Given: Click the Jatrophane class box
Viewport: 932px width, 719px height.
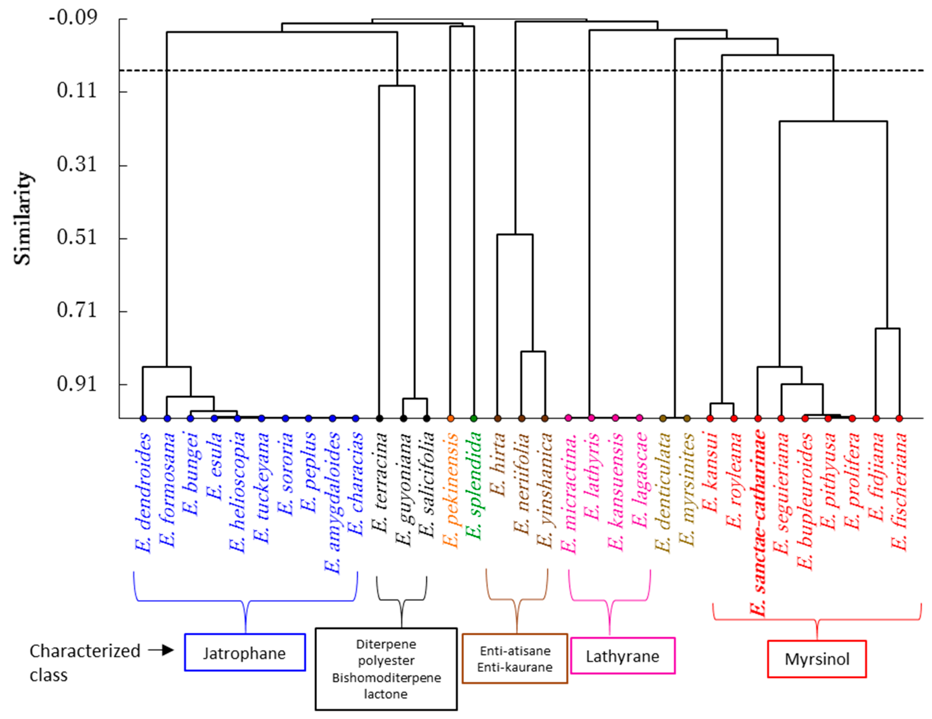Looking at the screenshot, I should click(x=245, y=652).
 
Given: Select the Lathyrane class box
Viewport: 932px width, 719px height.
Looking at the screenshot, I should click(x=622, y=656).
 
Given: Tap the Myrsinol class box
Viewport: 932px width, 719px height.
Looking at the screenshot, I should click(x=817, y=659).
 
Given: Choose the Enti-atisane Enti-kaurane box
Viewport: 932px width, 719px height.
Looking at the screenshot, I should click(x=515, y=658).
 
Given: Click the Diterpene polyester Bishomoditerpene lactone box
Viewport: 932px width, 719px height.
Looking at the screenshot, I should click(x=386, y=669).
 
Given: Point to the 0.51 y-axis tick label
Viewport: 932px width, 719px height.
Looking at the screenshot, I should click(x=77, y=237).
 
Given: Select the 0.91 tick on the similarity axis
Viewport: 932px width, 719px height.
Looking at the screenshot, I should click(x=77, y=384).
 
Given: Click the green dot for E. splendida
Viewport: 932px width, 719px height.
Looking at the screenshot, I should click(x=473, y=418).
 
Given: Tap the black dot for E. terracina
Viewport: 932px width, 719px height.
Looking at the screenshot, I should click(x=379, y=418).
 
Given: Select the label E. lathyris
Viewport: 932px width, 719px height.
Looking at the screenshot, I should click(x=592, y=476).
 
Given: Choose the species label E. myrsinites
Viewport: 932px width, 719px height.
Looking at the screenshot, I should click(x=687, y=489).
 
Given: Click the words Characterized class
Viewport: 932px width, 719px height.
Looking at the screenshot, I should click(x=85, y=662).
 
